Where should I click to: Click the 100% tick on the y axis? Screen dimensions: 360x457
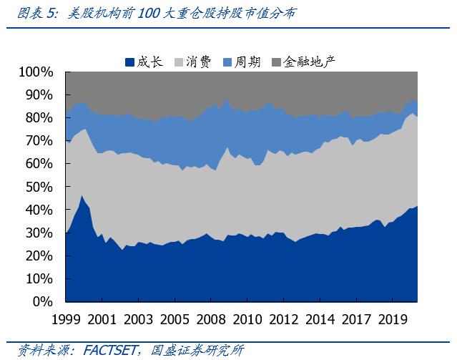[35, 72]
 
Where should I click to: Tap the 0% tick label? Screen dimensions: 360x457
[42, 301]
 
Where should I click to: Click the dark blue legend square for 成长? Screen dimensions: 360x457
[129, 62]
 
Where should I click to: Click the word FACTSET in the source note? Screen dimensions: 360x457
[112, 350]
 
